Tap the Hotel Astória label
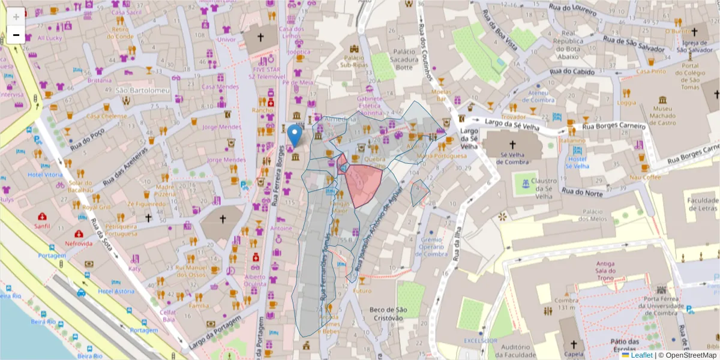tap(116, 291)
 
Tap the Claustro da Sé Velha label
tap(544, 188)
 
